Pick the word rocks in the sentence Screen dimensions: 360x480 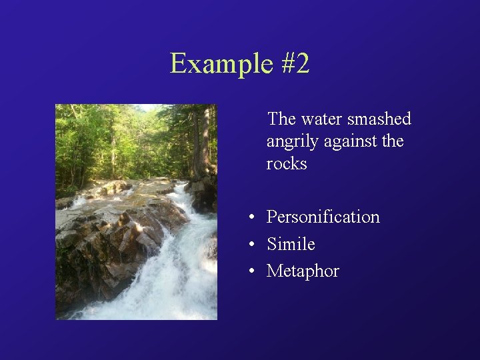click(x=287, y=164)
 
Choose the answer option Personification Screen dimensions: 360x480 click(x=323, y=217)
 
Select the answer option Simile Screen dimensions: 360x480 click(x=291, y=244)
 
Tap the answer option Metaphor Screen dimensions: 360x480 click(x=303, y=271)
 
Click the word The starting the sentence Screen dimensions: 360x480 click(x=281, y=119)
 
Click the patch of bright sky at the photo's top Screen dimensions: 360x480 click(x=148, y=107)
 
